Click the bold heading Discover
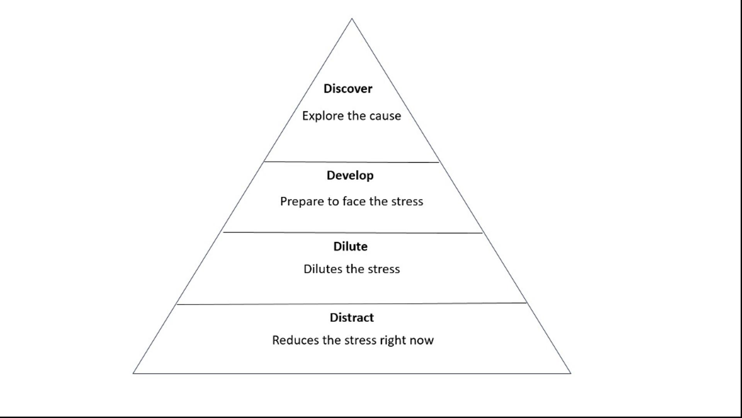348,89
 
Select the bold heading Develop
350,176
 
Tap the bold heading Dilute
351,246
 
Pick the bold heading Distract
352,317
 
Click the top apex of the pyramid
352,19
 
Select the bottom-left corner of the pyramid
133,373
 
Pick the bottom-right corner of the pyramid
570,373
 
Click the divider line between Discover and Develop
352,162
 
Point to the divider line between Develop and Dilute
352,233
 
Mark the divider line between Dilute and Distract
352,304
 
